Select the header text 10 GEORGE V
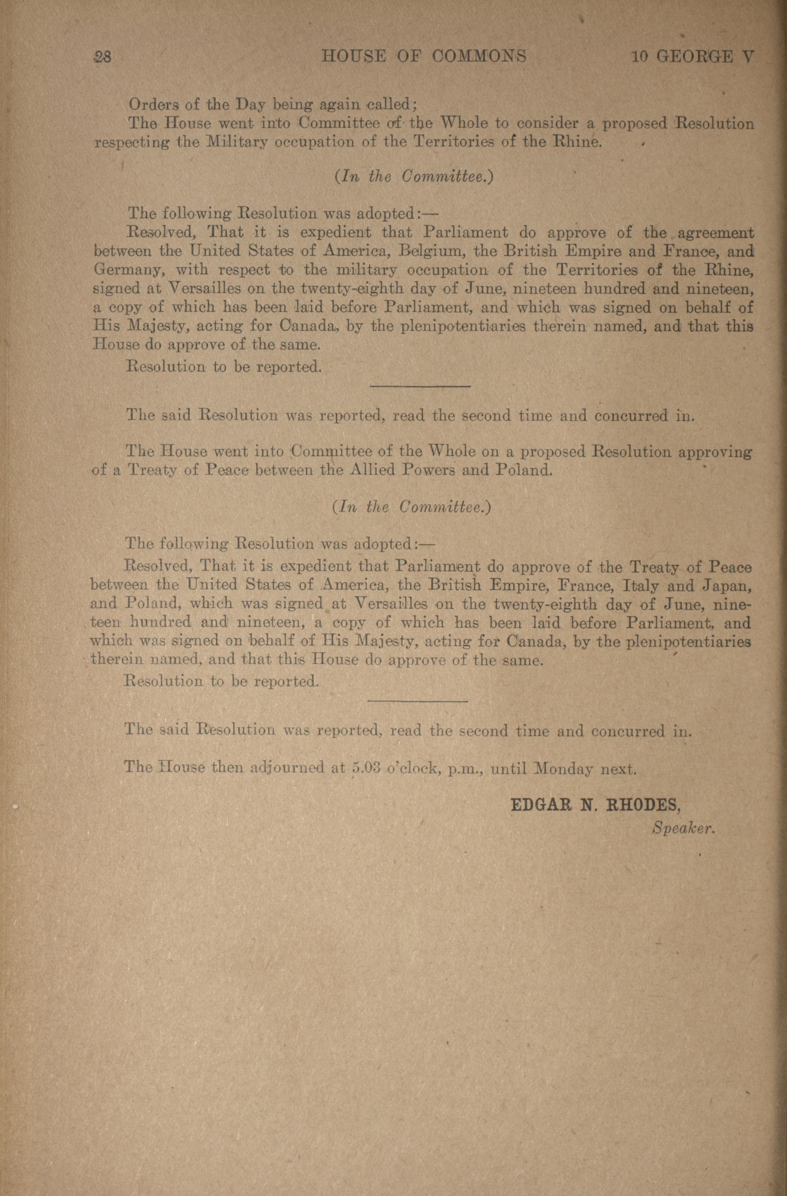click(x=693, y=56)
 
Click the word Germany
click(x=128, y=270)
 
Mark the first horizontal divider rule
click(x=420, y=386)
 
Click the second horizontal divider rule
click(x=417, y=701)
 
